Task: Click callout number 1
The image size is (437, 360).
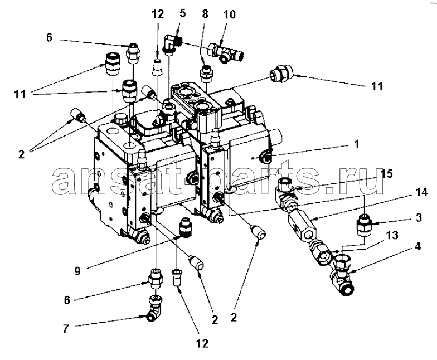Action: coord(357,145)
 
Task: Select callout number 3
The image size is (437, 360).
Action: coord(419,217)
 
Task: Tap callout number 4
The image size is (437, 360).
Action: coord(417,246)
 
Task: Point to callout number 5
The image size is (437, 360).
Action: coord(183,13)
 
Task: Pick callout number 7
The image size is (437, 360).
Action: coord(65,329)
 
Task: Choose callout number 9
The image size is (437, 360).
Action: coord(77,271)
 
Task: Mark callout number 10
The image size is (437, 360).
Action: coord(230,14)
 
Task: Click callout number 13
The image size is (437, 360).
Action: coord(392,235)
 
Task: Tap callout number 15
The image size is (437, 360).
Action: coord(387,174)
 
